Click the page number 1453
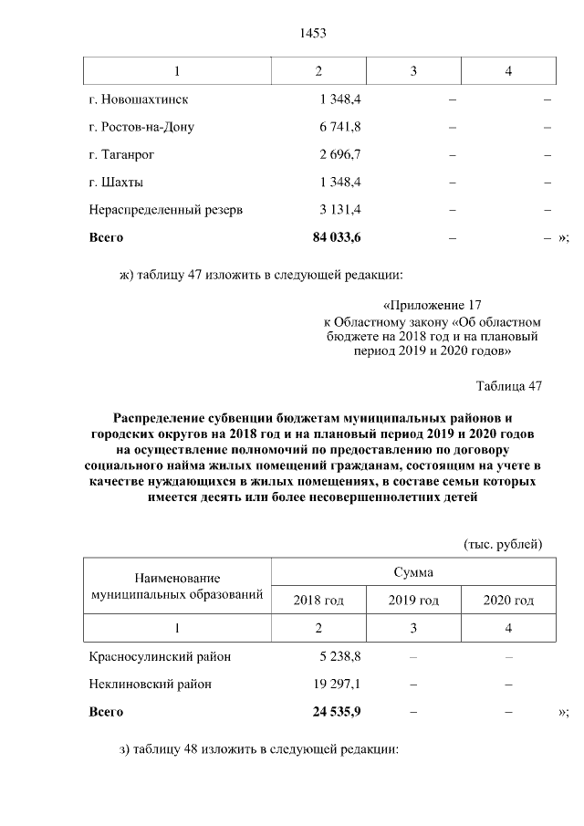pos(312,34)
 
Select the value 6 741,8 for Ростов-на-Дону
pos(339,127)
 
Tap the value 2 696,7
pos(339,154)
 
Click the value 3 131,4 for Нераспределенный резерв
pos(339,209)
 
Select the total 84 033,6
pos(337,237)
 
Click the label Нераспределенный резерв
pos(166,209)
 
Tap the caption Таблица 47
pos(509,386)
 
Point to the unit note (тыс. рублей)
pos(503,545)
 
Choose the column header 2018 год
pos(318,600)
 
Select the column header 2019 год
pos(413,600)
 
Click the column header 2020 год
pos(508,600)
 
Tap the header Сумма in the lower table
pos(413,572)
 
